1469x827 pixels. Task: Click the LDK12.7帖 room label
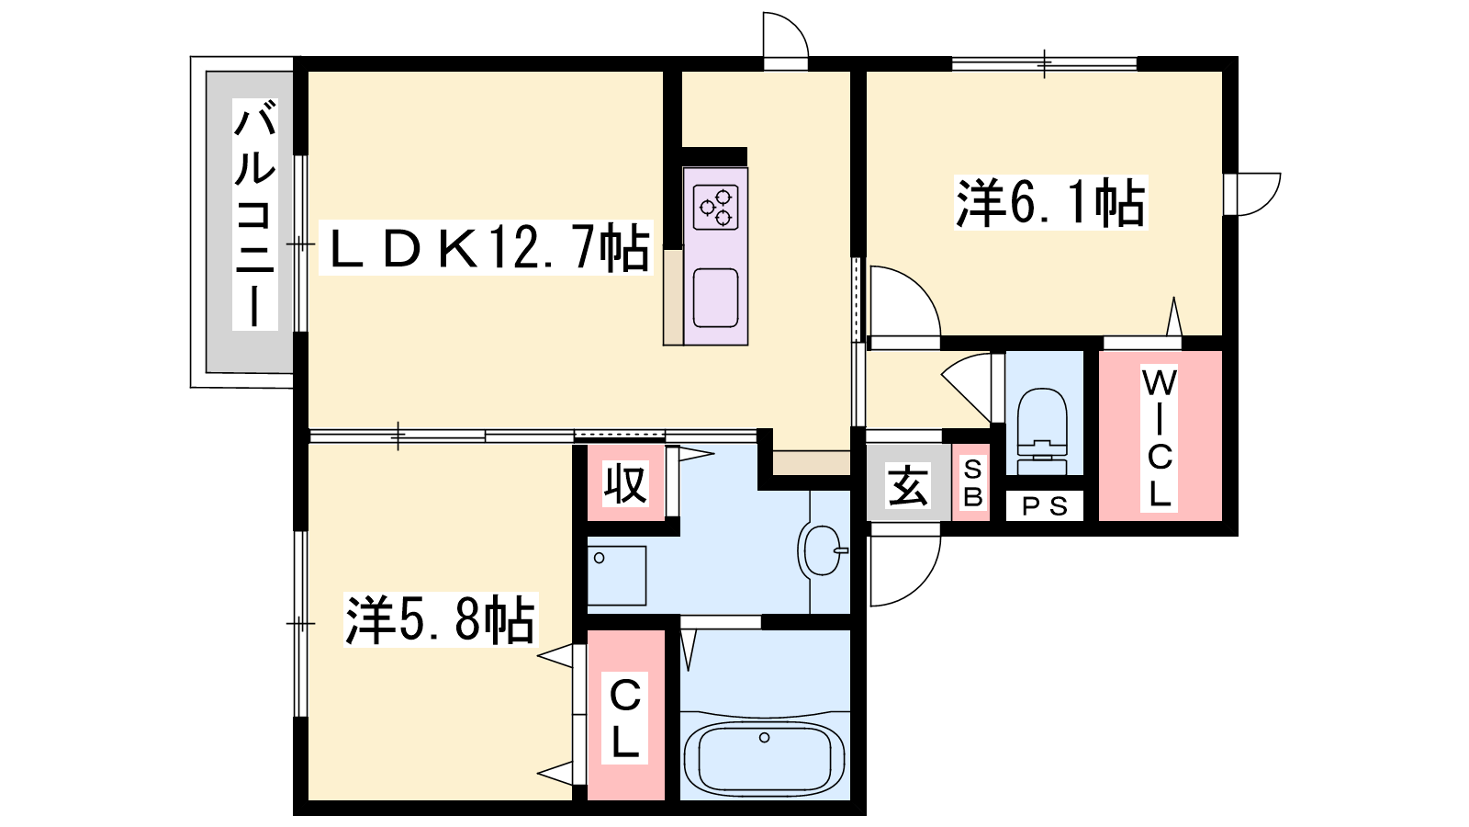(x=486, y=247)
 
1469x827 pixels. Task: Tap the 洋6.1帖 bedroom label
(x=1050, y=202)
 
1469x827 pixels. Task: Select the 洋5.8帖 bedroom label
(x=441, y=619)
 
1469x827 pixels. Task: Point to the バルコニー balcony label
(x=255, y=215)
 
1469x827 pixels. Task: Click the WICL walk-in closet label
(x=1160, y=437)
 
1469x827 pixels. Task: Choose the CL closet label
(x=625, y=718)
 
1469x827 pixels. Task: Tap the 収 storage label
(x=625, y=483)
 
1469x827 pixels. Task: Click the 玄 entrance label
(x=908, y=486)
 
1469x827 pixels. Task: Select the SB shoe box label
(x=972, y=483)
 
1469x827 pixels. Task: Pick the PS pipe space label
(x=1045, y=506)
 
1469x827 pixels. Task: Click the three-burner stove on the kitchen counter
(x=715, y=207)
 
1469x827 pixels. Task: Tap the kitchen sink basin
(x=715, y=298)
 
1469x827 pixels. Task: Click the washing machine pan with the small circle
(x=616, y=575)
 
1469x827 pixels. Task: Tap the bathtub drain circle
(x=764, y=738)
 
